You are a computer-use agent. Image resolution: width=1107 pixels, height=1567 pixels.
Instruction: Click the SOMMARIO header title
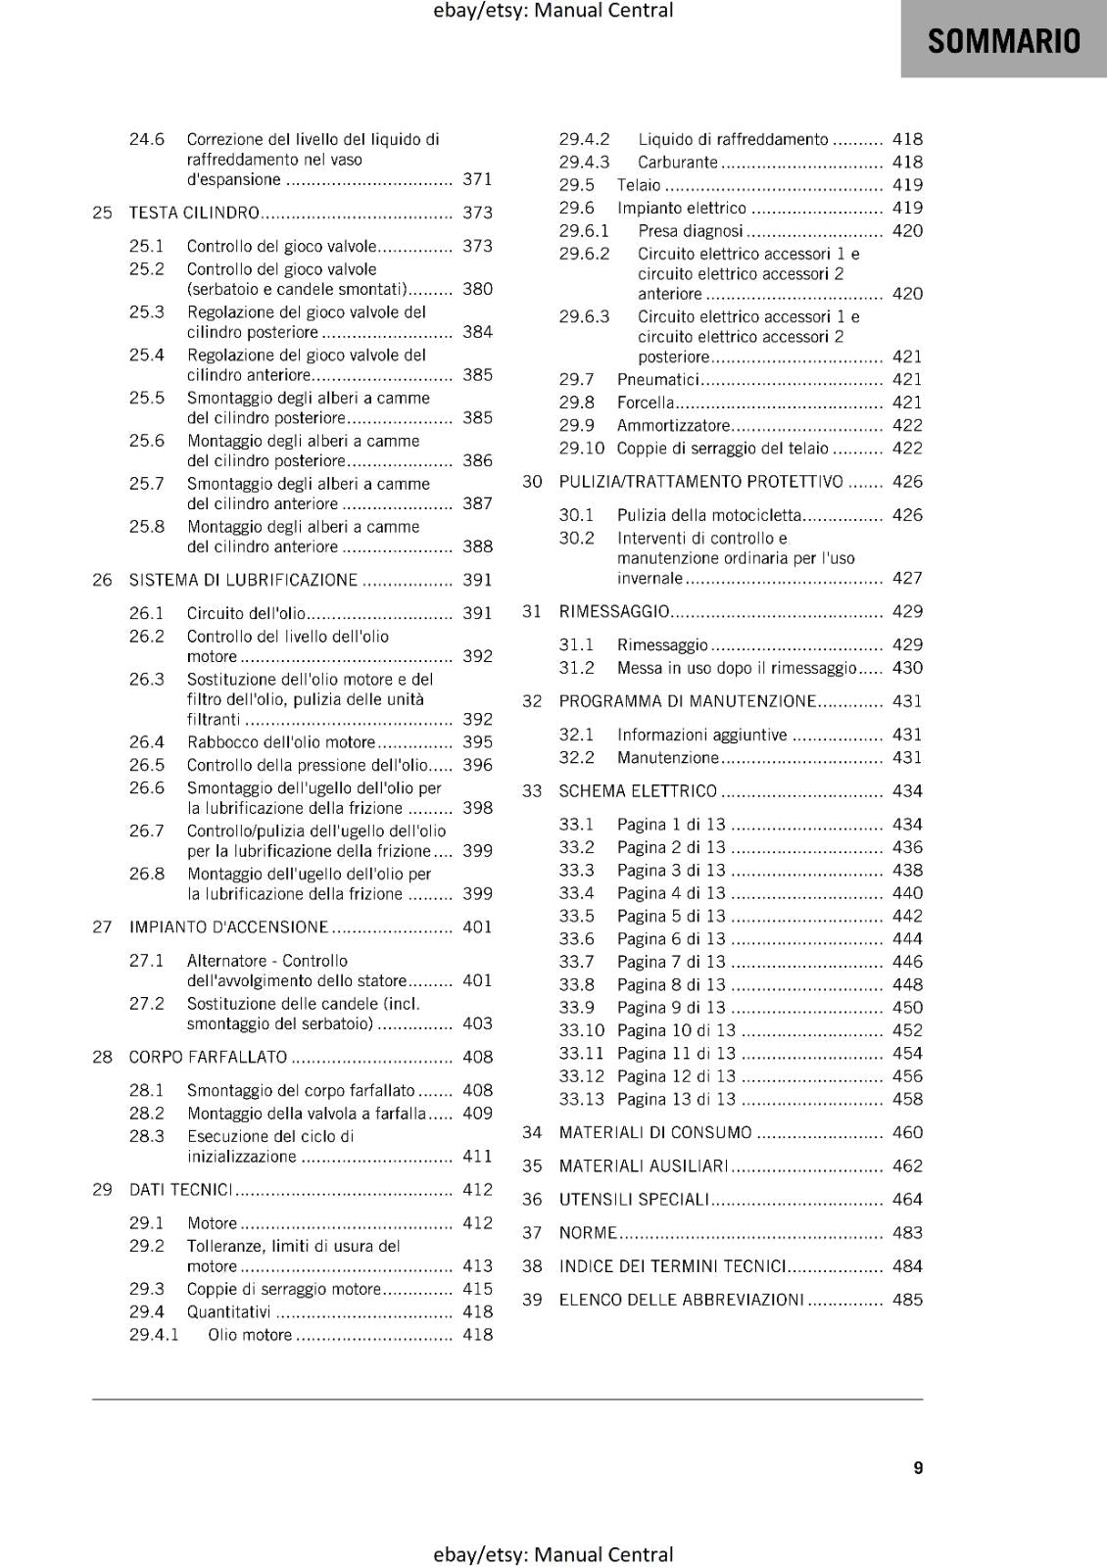click(1003, 41)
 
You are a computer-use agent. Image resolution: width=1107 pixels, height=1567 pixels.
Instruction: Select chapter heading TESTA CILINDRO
click(194, 213)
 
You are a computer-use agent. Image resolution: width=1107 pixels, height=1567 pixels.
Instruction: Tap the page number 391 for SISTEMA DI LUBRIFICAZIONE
click(477, 580)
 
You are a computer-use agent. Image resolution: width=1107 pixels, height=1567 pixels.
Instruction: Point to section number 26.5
click(146, 765)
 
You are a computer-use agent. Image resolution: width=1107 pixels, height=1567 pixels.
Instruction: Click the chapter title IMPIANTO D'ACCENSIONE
click(228, 926)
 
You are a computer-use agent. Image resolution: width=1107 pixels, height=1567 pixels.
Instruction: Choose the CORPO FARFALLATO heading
click(208, 1057)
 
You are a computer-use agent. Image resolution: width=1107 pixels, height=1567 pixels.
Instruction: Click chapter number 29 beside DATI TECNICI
click(102, 1189)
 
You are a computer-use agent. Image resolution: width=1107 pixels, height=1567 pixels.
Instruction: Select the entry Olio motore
click(250, 1334)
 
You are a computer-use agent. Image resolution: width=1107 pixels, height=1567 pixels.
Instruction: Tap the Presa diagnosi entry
click(690, 231)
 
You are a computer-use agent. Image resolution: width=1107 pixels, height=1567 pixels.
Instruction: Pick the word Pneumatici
click(657, 379)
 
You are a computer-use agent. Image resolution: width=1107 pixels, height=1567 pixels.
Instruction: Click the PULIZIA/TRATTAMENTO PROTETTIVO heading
click(700, 481)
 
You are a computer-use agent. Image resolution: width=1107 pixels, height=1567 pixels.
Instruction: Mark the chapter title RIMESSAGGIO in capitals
click(613, 611)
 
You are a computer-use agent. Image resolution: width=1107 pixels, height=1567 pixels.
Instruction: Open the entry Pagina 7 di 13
click(671, 962)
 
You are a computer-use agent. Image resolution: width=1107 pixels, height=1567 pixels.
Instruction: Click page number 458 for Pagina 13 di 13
click(907, 1099)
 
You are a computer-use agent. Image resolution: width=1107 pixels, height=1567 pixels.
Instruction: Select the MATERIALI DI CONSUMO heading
click(655, 1132)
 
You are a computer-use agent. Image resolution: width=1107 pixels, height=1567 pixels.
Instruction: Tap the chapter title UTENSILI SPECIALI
click(633, 1199)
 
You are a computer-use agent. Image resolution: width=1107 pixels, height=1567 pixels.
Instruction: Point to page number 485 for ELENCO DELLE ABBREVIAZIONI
click(907, 1300)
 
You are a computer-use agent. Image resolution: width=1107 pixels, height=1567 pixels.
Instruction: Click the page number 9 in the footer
click(918, 1467)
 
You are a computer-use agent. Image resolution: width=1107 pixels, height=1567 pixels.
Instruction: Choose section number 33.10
click(581, 1030)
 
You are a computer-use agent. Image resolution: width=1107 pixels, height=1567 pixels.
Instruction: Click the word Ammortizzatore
click(673, 425)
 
